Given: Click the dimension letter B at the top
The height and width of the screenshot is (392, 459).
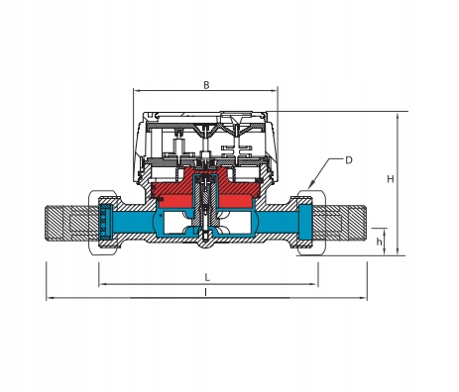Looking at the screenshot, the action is pos(206,85).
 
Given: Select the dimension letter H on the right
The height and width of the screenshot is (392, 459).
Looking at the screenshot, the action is pos(391,179).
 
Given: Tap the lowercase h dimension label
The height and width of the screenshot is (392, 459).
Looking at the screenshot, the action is pos(379,242).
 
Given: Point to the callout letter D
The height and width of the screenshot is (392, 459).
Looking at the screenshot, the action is pos(349,160).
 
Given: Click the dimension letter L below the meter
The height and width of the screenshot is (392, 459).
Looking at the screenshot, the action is pos(207,277).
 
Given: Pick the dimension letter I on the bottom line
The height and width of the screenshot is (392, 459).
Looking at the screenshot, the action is pos(206,292).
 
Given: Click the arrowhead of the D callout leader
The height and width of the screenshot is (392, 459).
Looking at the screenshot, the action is pos(310,186).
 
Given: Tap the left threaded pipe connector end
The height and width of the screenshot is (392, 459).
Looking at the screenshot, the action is pos(71,223).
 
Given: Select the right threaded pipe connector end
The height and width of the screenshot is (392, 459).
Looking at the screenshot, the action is pos(339,223).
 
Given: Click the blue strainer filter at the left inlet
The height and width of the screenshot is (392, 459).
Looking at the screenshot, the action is pos(106,222).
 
